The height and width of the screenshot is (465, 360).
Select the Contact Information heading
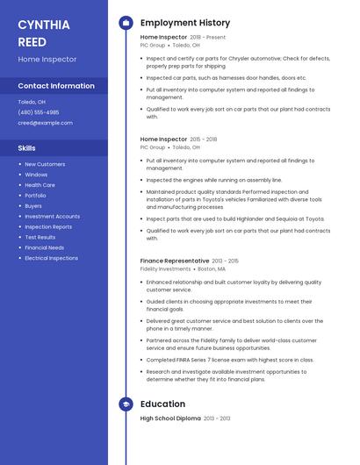tap(56, 86)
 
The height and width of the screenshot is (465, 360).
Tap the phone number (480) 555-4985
tap(39, 112)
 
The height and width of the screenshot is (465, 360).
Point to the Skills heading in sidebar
tap(27, 147)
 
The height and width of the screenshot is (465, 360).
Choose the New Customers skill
tap(45, 164)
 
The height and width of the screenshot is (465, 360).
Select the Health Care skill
tap(40, 185)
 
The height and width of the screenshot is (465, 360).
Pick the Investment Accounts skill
tap(52, 216)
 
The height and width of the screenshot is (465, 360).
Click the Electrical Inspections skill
tap(51, 258)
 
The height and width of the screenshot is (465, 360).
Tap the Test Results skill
tap(40, 237)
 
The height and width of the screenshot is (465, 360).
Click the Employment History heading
tap(184, 23)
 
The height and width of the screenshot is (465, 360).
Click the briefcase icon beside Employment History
tap(126, 23)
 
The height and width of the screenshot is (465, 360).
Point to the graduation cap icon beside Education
tap(126, 404)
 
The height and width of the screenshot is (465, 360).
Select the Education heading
tap(162, 404)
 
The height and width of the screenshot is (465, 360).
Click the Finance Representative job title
tap(175, 261)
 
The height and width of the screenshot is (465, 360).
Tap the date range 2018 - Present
tap(208, 38)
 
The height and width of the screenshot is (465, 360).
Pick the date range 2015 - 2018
tap(204, 139)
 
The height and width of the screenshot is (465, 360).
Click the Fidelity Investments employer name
tap(165, 269)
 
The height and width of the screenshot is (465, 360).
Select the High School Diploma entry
tap(170, 418)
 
